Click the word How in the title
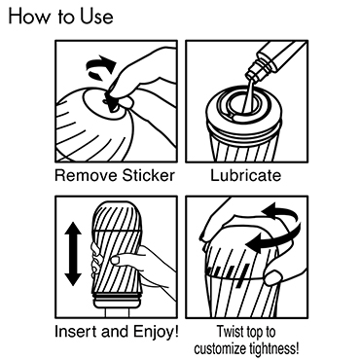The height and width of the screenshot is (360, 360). [x=28, y=16]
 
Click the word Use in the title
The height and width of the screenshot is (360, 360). [x=97, y=17]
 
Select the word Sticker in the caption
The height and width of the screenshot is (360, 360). [x=148, y=175]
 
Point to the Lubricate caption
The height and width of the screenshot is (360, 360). [x=245, y=175]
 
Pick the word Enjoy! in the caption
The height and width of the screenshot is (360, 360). [x=156, y=333]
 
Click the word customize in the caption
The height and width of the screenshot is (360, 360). [x=221, y=349]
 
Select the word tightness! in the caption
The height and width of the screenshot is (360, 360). [x=274, y=349]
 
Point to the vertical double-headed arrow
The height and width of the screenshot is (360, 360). [x=73, y=253]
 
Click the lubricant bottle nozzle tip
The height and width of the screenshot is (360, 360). [x=250, y=78]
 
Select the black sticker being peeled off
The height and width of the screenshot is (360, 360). [x=110, y=101]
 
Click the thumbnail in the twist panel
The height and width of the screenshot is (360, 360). [x=272, y=277]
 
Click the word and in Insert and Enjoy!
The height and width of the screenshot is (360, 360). [x=115, y=332]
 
